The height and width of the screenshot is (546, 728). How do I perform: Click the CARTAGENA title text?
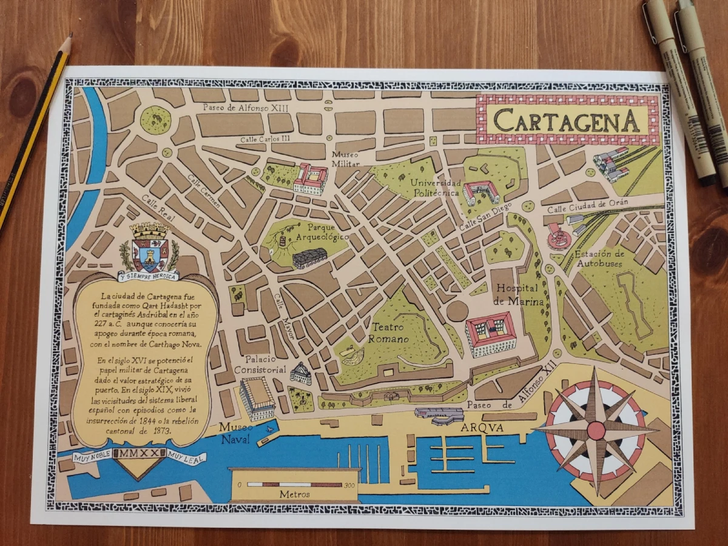(566, 120)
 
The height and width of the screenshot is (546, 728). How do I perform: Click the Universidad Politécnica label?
(435, 187)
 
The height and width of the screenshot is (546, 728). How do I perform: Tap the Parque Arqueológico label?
(321, 231)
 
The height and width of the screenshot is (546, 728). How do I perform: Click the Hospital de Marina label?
(518, 295)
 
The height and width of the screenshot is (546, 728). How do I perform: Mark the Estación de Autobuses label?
(599, 259)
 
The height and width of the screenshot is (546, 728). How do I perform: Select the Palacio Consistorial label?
(261, 363)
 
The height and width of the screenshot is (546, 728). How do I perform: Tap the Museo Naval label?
(234, 433)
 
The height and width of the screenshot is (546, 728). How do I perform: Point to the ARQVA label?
(482, 428)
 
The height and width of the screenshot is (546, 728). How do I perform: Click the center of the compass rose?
(596, 431)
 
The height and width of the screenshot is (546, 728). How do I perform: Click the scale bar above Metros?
(295, 485)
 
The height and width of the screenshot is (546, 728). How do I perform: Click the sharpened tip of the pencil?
(70, 36)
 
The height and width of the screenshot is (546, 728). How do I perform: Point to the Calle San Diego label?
(485, 216)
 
